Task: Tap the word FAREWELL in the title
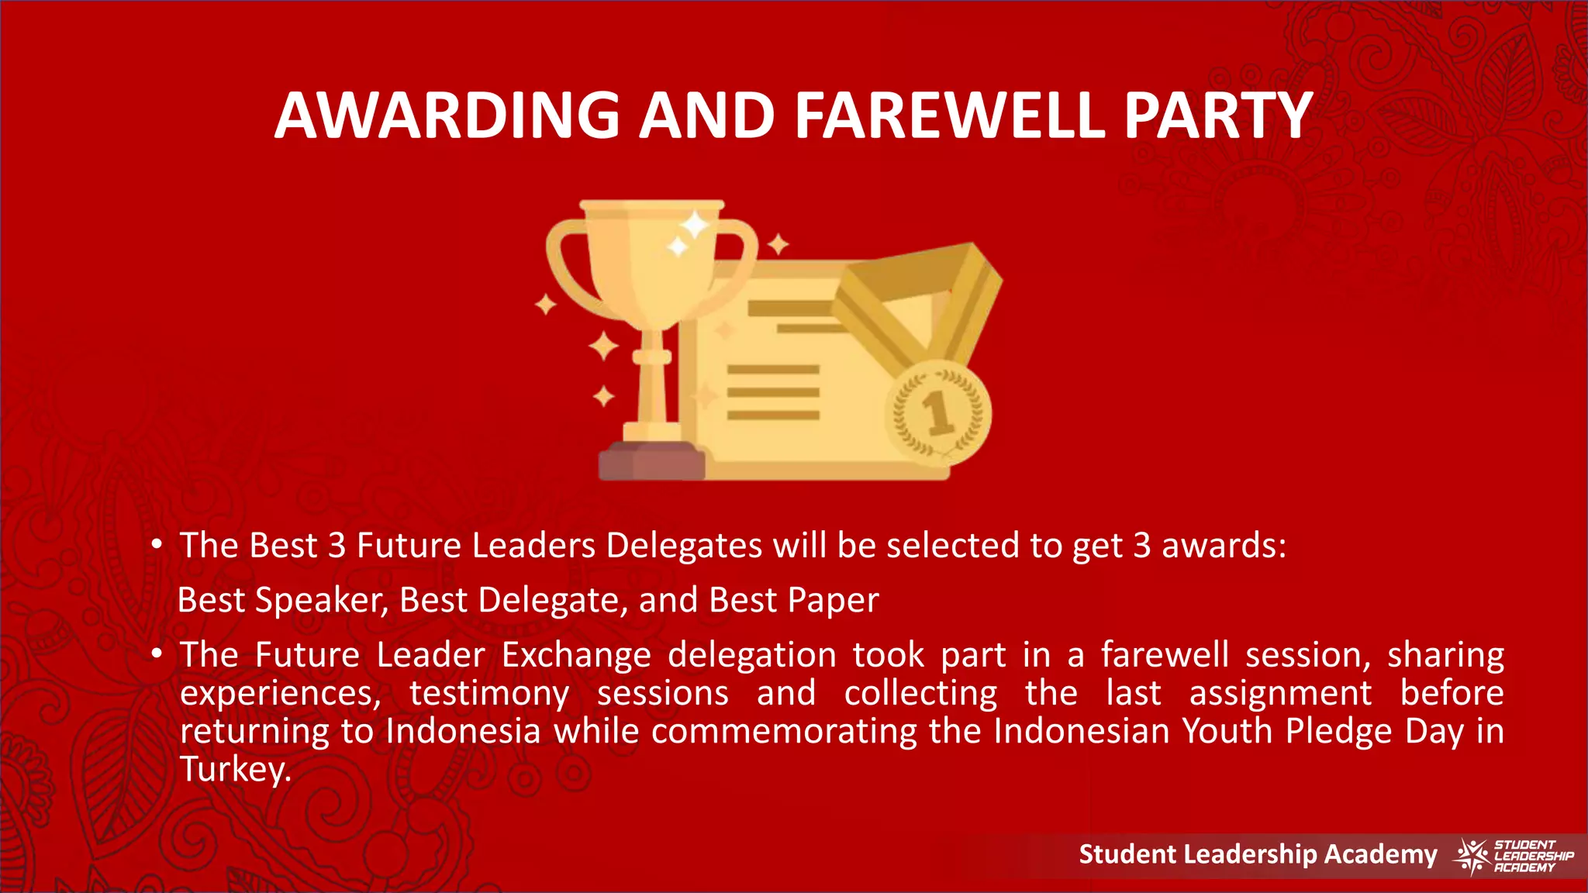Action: pos(949,116)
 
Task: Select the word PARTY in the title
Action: pos(1218,116)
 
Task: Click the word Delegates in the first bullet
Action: pos(684,546)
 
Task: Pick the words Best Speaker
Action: pos(283,601)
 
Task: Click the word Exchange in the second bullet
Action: pos(576,655)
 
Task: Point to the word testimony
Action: pos(489,693)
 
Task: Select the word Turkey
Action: pos(235,770)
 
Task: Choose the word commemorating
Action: pos(784,731)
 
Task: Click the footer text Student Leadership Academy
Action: pos(1258,854)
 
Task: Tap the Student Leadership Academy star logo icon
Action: pos(1470,856)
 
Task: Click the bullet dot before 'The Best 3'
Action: pos(157,545)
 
